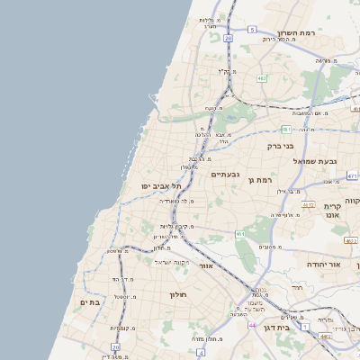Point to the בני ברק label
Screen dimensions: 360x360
(x=281, y=144)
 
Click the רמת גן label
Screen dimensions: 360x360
(x=259, y=181)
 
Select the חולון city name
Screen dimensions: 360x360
(x=175, y=294)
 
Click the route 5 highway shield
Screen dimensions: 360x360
(x=253, y=30)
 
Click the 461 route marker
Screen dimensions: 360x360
(x=240, y=234)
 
